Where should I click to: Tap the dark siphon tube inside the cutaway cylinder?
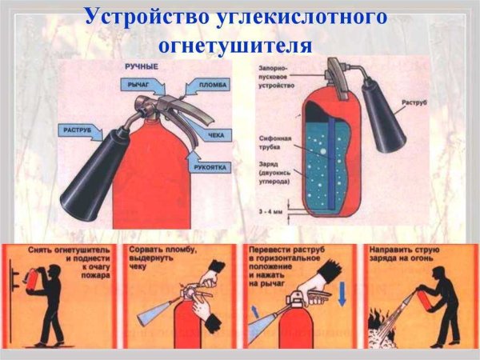coord(329,152)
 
